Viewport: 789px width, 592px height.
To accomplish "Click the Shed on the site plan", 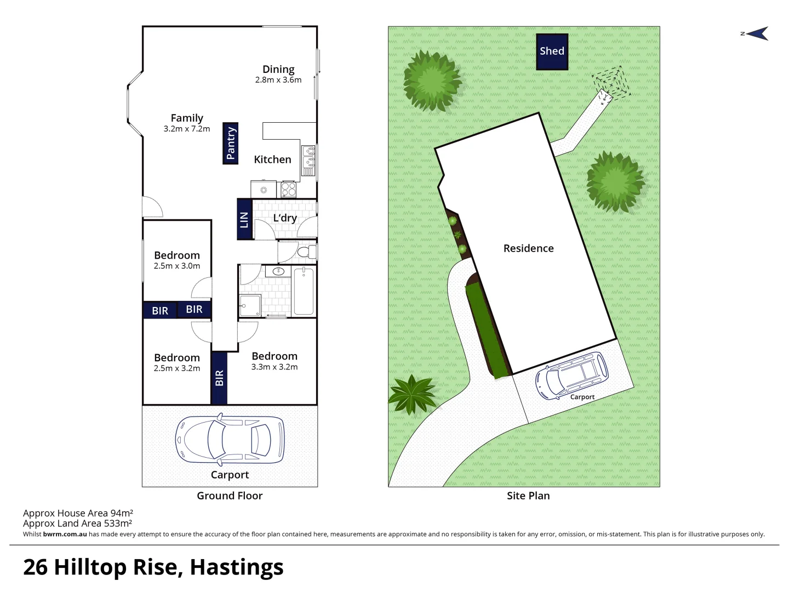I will (552, 52).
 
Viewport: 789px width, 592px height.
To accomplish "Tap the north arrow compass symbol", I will (756, 34).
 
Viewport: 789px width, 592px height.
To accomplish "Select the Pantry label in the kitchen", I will (231, 143).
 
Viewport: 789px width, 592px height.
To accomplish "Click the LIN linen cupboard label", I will (244, 219).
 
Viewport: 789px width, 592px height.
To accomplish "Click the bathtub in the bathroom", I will (304, 291).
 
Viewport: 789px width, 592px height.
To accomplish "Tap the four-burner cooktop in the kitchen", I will (289, 190).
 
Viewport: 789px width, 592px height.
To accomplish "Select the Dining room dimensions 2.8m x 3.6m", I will (278, 80).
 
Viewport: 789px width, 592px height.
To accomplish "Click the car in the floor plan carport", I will (230, 439).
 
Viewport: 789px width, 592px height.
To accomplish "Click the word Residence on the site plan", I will (528, 248).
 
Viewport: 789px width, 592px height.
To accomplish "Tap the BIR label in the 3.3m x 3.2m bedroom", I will (219, 378).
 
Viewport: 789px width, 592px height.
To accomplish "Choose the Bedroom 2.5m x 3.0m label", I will (176, 260).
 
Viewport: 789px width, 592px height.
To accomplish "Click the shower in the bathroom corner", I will (250, 305).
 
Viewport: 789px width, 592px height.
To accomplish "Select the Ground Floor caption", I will (230, 496).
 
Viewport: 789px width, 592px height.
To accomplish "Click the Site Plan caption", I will (528, 496).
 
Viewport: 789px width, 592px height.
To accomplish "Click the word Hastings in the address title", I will (237, 567).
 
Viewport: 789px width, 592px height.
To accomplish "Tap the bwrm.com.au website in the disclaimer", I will (65, 534).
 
